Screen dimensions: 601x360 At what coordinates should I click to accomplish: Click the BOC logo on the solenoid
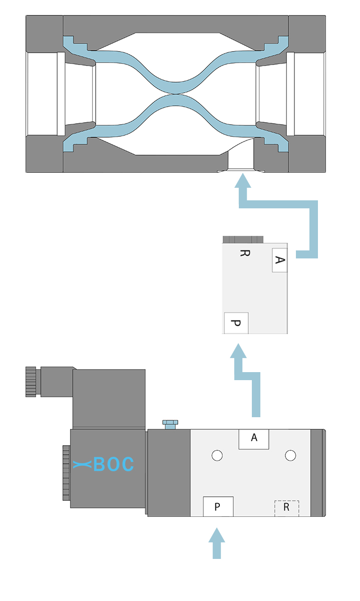coord(104,465)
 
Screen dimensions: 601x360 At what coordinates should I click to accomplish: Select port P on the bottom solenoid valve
coord(217,507)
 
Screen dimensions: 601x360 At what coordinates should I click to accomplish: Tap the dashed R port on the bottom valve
coord(286,508)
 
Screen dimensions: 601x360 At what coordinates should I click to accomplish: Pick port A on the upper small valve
coord(280,260)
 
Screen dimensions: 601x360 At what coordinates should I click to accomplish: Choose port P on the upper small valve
coord(236,323)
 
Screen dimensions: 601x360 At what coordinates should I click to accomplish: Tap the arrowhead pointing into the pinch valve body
coord(243,183)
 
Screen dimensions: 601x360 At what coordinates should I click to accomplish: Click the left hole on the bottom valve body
coord(217,455)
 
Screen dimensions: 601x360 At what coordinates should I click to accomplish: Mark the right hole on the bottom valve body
coord(290,455)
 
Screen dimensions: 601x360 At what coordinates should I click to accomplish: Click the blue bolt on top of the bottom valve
coord(169,425)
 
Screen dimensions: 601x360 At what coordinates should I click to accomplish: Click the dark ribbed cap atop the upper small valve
coord(243,239)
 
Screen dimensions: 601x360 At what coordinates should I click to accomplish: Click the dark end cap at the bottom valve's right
coord(318,473)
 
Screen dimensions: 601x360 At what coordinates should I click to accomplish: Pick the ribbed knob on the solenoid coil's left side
coord(66,473)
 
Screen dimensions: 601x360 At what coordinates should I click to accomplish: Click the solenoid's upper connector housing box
coord(109,398)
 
